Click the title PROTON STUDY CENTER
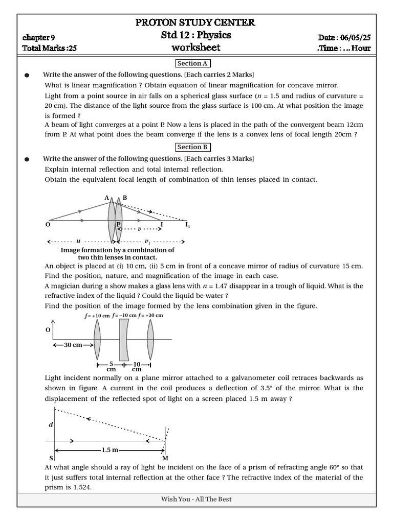(x=194, y=22)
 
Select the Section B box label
(x=192, y=147)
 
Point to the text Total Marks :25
(x=50, y=49)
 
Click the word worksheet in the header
(x=196, y=47)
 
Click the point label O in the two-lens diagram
(x=48, y=224)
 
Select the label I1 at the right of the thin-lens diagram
(x=187, y=224)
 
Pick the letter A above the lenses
(x=107, y=198)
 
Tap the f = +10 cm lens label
(x=97, y=316)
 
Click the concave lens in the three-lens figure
(x=124, y=340)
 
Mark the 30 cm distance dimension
(x=73, y=345)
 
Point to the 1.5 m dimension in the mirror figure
(x=110, y=450)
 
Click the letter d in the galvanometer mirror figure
(x=50, y=424)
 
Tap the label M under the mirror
(x=165, y=458)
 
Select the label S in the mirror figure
(x=51, y=458)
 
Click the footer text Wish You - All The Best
(x=196, y=499)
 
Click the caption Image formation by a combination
(x=117, y=250)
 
